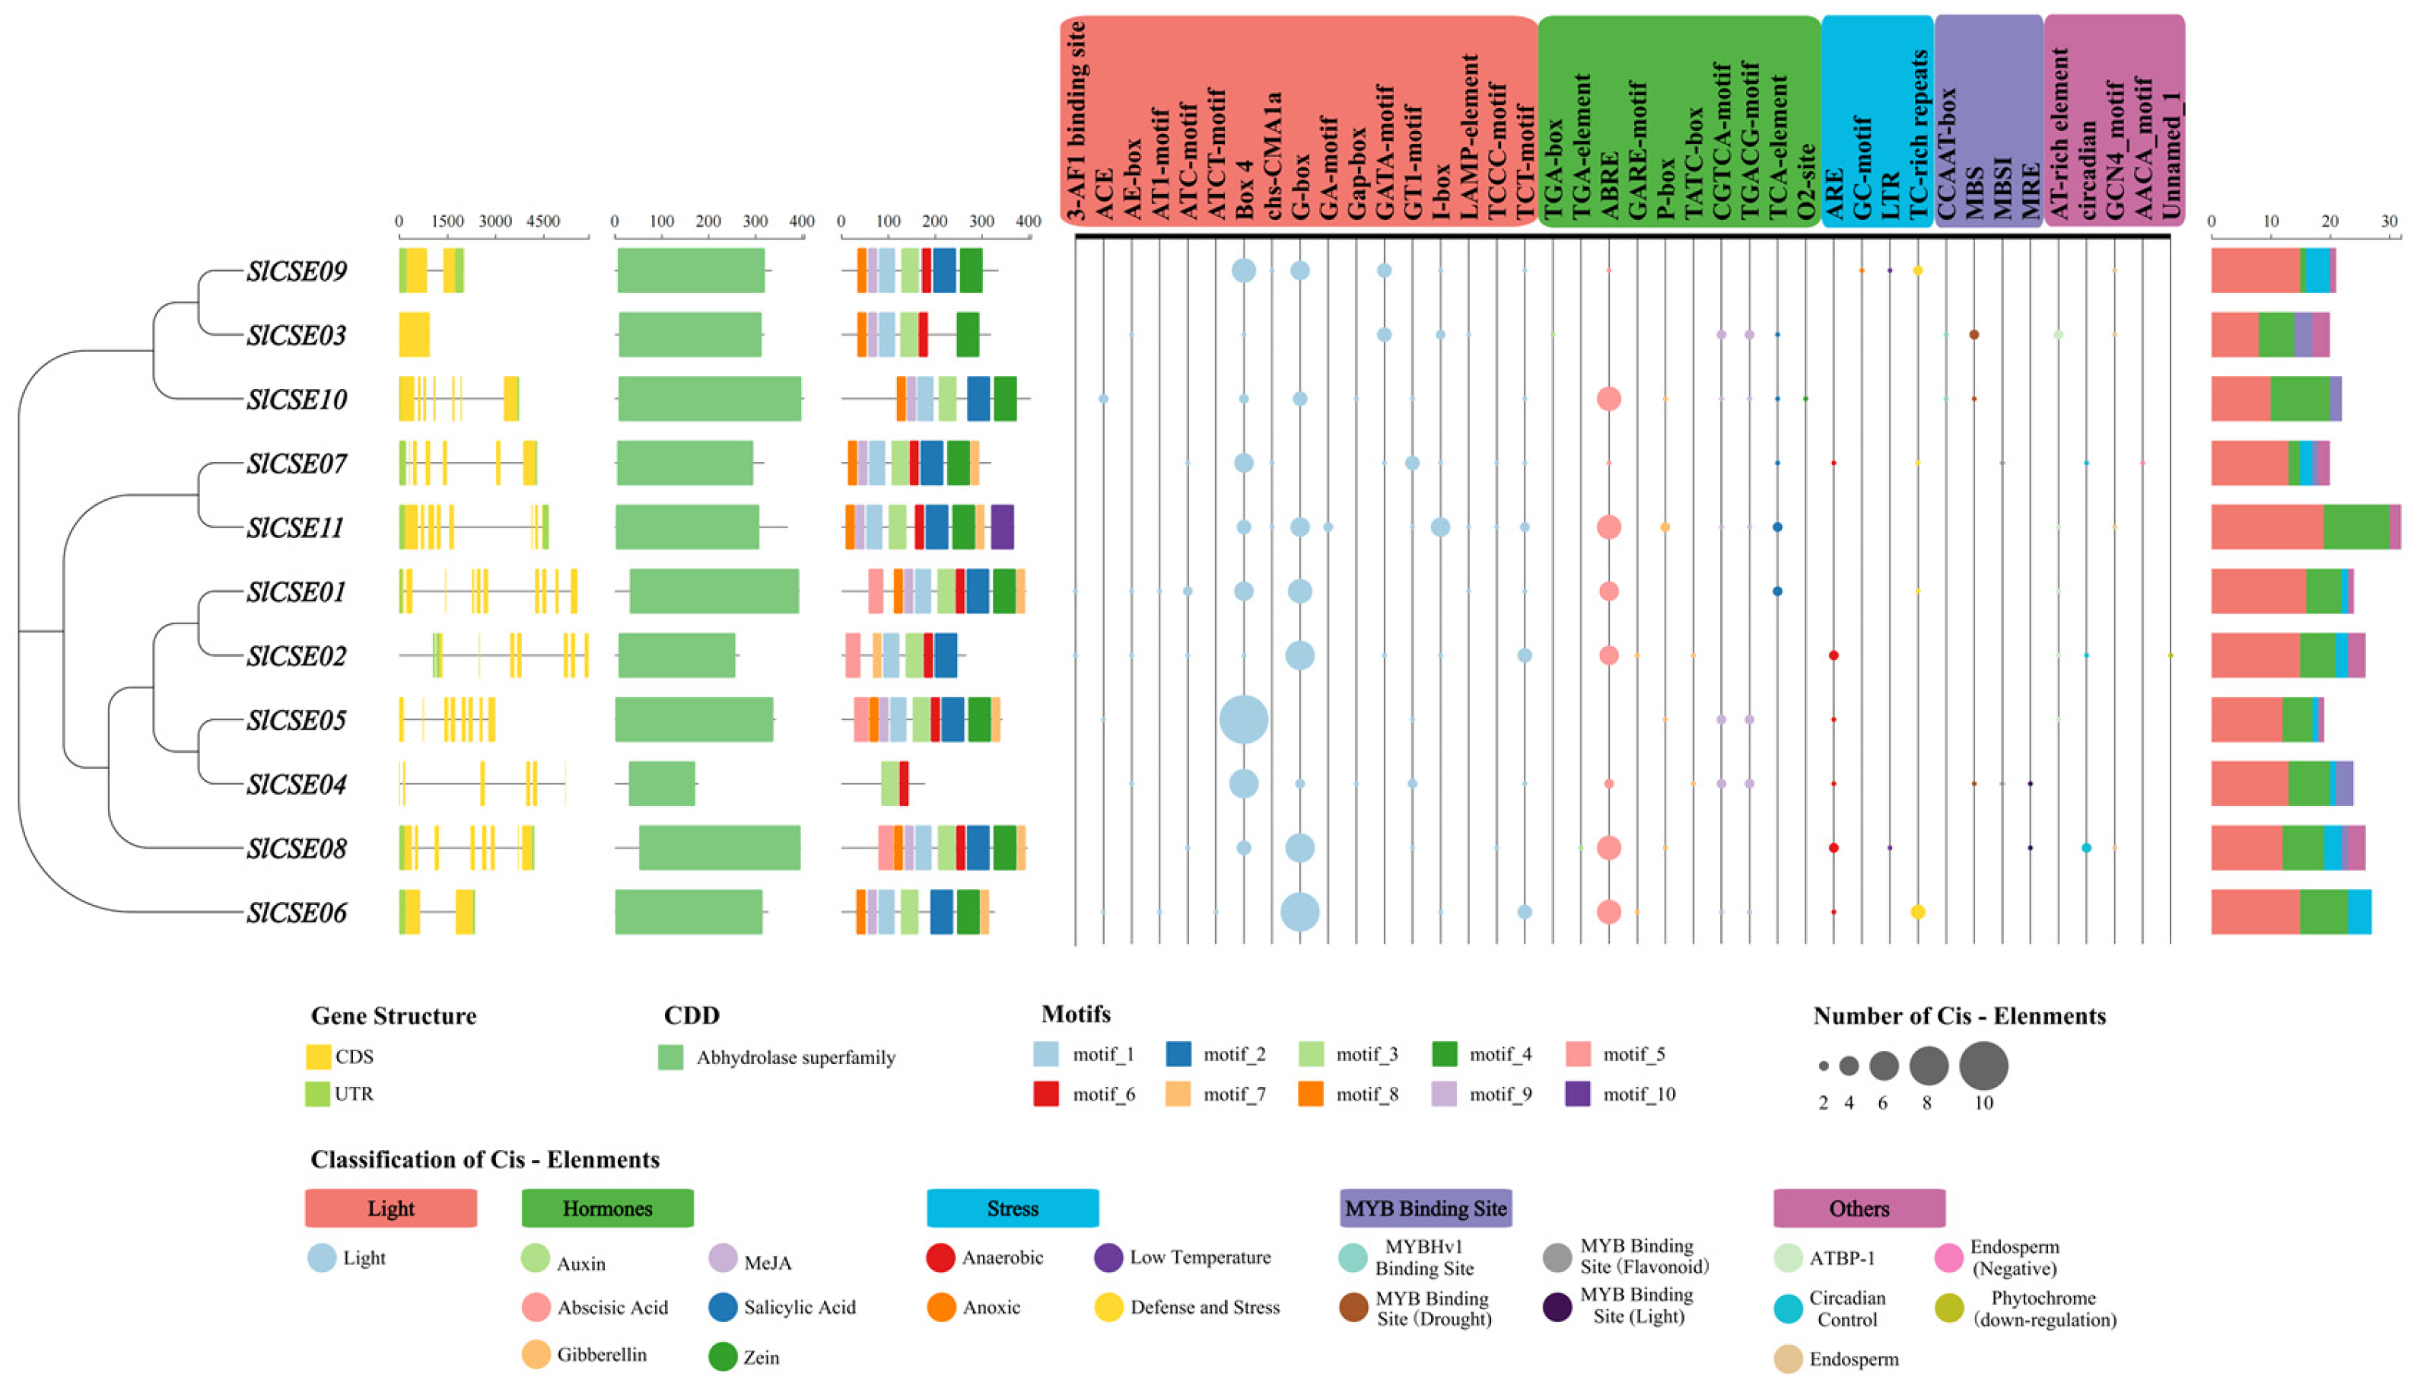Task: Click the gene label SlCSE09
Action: (x=296, y=271)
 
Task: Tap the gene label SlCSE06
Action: (x=296, y=913)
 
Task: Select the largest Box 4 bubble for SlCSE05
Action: (x=1244, y=720)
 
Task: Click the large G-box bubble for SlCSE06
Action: (x=1299, y=912)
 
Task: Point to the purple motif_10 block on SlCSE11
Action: (x=1002, y=527)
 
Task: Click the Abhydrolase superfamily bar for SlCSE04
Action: (x=661, y=783)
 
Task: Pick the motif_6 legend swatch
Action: (x=1046, y=1094)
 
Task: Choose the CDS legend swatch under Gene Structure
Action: (x=318, y=1056)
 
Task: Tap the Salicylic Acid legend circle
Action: (x=724, y=1307)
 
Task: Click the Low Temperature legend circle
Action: (x=1109, y=1257)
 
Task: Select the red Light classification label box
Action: (x=390, y=1208)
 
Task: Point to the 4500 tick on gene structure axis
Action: (x=543, y=221)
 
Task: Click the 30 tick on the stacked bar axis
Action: (x=2389, y=221)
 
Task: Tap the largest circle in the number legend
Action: (x=1984, y=1066)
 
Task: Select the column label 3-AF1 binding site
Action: (x=1077, y=119)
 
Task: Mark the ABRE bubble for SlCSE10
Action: (x=1609, y=399)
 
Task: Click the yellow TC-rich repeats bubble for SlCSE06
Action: (x=1918, y=912)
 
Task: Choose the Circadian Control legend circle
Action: (x=1789, y=1309)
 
